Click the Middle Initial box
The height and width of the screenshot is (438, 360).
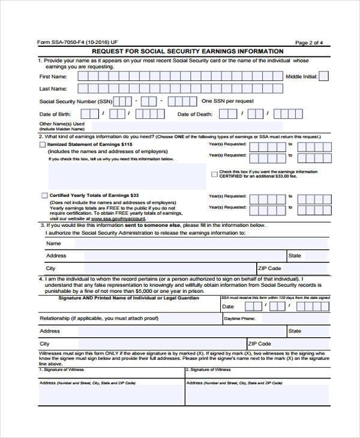pos(323,77)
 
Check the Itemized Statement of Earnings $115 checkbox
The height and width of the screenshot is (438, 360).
pos(42,145)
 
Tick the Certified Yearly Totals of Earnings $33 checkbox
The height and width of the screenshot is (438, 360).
pos(44,196)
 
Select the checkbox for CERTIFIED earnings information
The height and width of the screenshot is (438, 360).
pos(215,174)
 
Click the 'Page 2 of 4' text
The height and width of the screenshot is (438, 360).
pos(310,42)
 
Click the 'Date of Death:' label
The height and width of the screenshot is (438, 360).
pos(195,114)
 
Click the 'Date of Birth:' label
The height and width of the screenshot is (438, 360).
pos(56,114)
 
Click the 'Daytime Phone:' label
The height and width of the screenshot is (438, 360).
pos(239,319)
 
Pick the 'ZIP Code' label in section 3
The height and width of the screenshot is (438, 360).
pos(269,268)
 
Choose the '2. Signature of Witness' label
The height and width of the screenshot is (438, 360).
pos(209,370)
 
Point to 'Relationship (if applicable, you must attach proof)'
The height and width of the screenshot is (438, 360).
pos(99,318)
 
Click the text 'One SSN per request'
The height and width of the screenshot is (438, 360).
pos(227,101)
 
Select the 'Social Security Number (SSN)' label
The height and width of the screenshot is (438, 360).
pos(76,101)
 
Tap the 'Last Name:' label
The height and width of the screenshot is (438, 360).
pos(53,89)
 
